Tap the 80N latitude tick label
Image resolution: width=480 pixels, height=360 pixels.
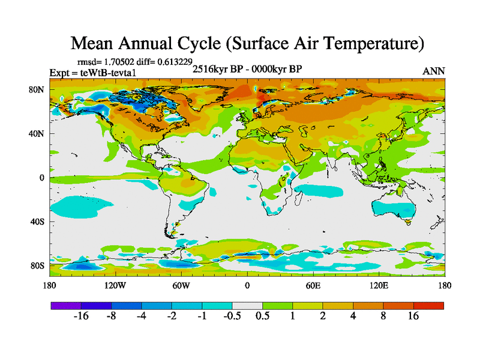pos(37,90)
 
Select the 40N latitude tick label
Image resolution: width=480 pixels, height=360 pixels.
pos(37,134)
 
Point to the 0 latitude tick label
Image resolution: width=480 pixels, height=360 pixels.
pos(42,178)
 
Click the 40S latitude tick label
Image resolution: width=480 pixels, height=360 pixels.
pos(37,221)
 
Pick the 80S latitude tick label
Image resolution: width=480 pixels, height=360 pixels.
pos(37,265)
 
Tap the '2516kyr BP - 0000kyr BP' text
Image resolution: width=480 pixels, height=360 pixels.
pos(247,68)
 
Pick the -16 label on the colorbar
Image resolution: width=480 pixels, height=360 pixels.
pos(81,317)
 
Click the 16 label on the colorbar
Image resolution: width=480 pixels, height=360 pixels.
pos(413,317)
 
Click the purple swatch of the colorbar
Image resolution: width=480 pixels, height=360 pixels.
pos(66,305)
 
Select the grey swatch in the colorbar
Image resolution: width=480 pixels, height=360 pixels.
pos(247,305)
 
